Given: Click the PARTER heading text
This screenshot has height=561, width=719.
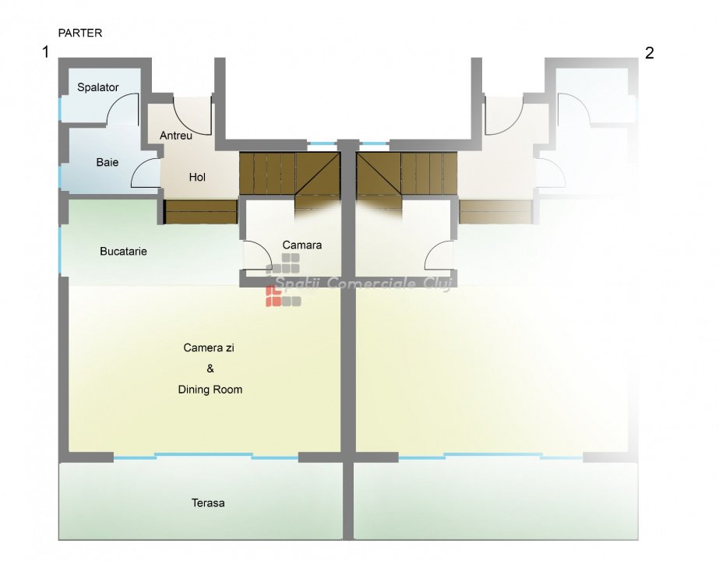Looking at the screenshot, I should (x=79, y=34).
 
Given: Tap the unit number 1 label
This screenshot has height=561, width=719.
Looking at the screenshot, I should (x=46, y=53).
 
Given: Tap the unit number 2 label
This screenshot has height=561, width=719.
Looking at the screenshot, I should (x=649, y=53).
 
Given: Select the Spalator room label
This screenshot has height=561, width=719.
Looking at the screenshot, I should (x=98, y=87).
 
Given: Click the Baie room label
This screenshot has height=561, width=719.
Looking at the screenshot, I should (x=107, y=162).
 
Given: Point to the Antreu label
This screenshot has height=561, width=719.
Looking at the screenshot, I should (x=176, y=136).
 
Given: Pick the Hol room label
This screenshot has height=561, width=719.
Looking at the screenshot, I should (x=198, y=177).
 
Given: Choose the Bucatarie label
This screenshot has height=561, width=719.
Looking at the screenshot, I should (x=123, y=252).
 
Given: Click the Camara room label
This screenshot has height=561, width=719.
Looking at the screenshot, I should (x=302, y=245).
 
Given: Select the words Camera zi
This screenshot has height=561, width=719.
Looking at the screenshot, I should (x=209, y=348).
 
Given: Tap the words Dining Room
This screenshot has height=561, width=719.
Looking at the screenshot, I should (x=210, y=390).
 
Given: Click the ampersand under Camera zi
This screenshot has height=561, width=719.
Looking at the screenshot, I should (x=210, y=369).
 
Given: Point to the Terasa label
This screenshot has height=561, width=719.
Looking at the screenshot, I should (x=208, y=503).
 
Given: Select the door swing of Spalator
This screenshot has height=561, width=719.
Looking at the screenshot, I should (x=123, y=109).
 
